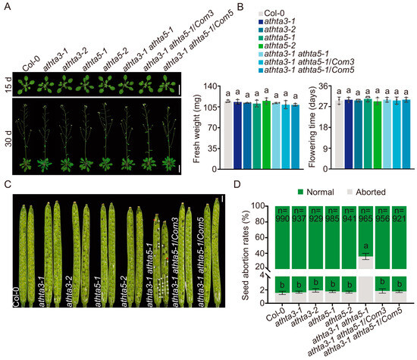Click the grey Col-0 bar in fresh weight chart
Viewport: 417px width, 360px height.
point(227,133)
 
